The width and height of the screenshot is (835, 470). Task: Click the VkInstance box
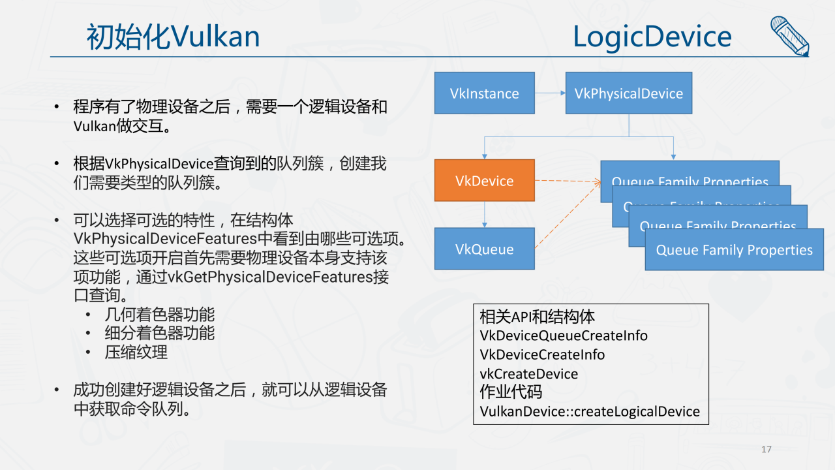[x=484, y=93]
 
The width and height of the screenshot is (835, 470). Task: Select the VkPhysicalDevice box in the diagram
[x=628, y=93]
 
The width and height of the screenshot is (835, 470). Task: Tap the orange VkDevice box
[x=484, y=181]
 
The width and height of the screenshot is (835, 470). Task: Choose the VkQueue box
[x=484, y=249]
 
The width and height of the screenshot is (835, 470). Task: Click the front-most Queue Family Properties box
[x=734, y=250]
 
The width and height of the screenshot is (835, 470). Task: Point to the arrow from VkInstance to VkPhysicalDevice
[x=550, y=93]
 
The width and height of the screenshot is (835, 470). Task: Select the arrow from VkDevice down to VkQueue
[x=484, y=215]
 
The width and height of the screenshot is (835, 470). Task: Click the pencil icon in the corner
[x=789, y=36]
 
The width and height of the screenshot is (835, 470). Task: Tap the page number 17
[x=767, y=449]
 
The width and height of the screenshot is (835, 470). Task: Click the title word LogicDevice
[x=652, y=37]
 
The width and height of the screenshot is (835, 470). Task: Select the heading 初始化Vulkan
[x=173, y=37]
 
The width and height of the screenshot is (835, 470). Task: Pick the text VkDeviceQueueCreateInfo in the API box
[x=563, y=336]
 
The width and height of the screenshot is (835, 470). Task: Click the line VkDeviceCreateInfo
[x=542, y=354]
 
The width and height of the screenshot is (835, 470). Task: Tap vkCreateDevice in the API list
[x=528, y=374]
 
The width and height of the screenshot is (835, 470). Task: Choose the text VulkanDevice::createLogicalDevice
[x=589, y=411]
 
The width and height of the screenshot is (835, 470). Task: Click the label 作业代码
[x=511, y=392]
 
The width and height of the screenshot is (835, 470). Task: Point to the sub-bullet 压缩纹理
[x=136, y=352]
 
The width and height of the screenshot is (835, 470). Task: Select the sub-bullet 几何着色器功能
[x=160, y=315]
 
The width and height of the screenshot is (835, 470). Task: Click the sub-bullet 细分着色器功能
[x=160, y=333]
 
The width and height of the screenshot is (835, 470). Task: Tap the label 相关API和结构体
[x=537, y=317]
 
